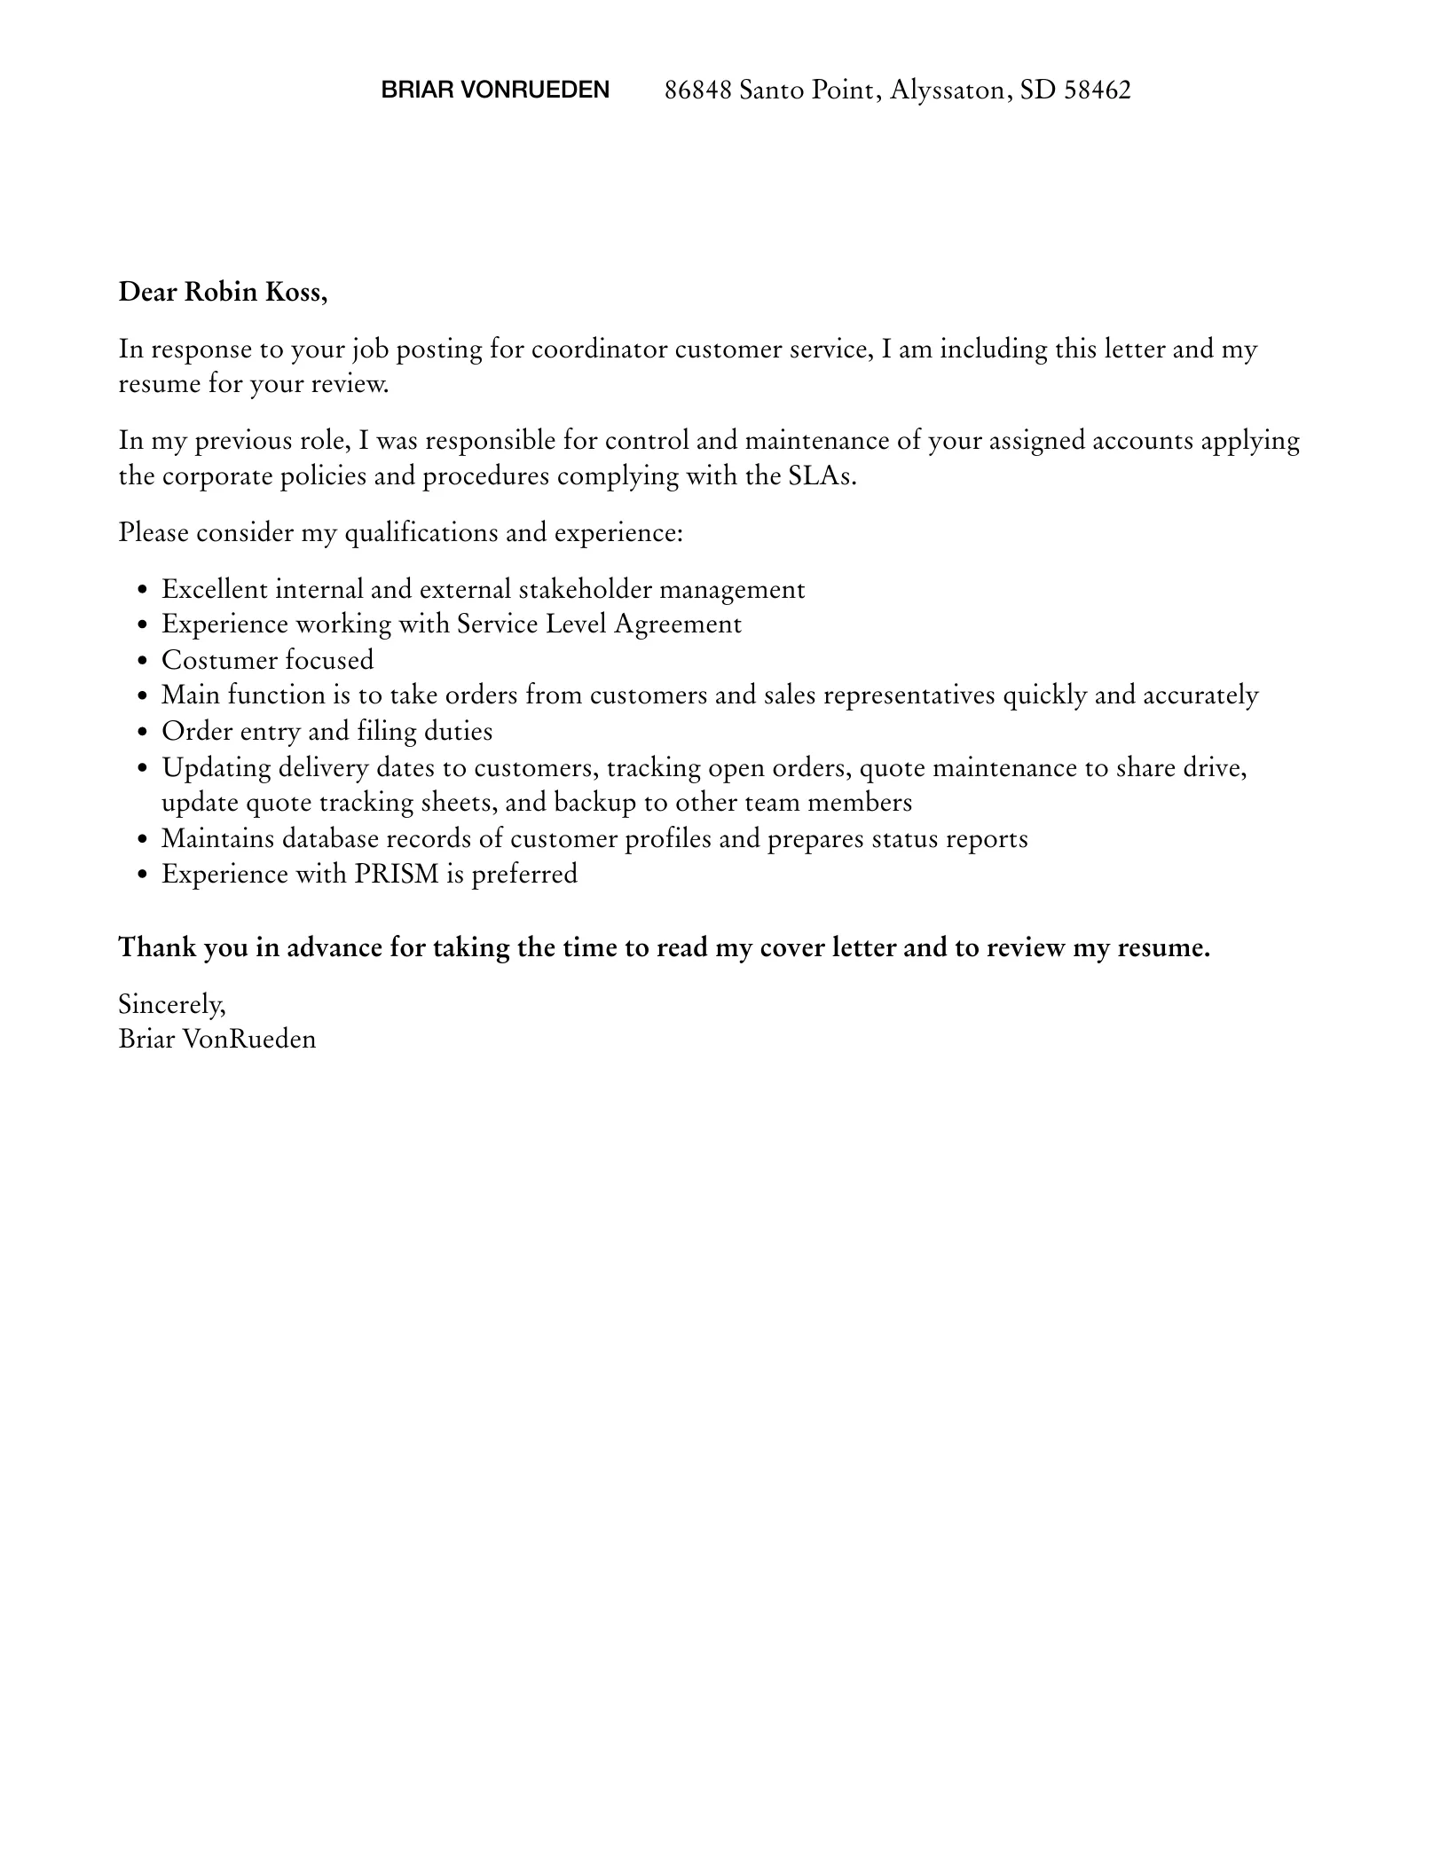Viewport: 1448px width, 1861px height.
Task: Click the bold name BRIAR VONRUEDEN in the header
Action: click(495, 90)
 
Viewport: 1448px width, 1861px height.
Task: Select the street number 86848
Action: click(697, 90)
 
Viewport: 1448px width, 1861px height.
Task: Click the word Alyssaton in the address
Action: click(950, 90)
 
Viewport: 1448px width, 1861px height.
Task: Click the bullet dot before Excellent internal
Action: click(143, 591)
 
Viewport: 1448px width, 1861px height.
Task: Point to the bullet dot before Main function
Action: click(143, 696)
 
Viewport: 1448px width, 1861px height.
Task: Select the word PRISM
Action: click(397, 875)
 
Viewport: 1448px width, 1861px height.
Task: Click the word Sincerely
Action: click(172, 1004)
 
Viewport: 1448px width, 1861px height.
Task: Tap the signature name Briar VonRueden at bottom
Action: click(217, 1039)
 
